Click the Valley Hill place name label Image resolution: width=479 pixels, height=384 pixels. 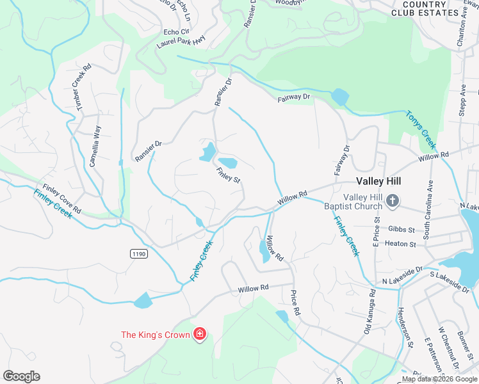378,181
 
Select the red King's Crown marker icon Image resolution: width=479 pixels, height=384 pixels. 200,334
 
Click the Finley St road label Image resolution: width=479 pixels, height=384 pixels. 228,175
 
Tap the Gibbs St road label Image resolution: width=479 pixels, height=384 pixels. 402,229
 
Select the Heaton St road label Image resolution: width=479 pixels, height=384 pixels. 400,244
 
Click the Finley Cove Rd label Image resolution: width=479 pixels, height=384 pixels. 62,200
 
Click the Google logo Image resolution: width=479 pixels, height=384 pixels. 21,376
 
